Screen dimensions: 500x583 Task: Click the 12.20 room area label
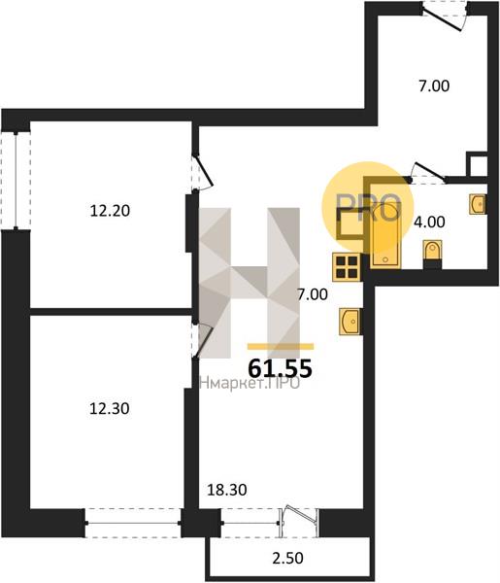pos(110,211)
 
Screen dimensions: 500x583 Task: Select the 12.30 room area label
pos(109,409)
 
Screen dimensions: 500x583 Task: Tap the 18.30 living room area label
pos(227,490)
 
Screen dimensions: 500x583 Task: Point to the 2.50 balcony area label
pos(288,558)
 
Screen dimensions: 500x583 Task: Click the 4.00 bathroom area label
pos(429,222)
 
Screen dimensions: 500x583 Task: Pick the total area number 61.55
pos(280,369)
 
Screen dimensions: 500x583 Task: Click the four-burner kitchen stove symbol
pos(347,267)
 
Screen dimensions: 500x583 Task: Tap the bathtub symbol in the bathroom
pos(385,235)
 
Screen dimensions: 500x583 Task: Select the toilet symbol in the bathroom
pos(432,255)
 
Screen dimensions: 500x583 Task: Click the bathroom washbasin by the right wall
pos(478,204)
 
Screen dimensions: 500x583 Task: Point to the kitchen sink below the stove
pos(350,322)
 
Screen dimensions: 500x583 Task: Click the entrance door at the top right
pos(445,15)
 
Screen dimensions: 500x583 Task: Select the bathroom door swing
pos(428,174)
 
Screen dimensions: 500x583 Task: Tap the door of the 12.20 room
pos(202,172)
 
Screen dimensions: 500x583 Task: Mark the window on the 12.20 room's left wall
pos(16,181)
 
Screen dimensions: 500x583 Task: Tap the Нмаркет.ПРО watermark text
pos(250,384)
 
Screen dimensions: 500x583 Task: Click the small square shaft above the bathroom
pos(477,164)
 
